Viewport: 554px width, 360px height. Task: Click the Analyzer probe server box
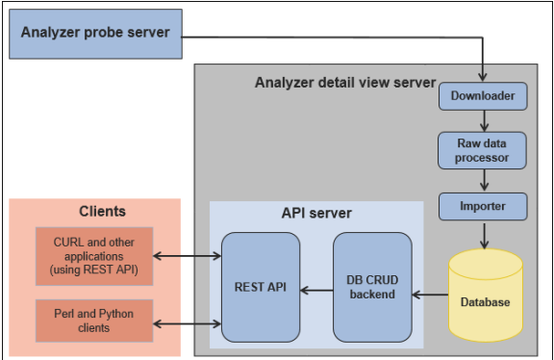pos(93,34)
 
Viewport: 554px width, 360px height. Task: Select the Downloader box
pos(483,96)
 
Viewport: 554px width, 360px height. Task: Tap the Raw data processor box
pos(483,150)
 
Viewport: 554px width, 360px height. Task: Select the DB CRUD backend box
pos(372,287)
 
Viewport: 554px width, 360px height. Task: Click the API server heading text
pos(316,214)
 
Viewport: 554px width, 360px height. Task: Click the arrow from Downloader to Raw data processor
pos(483,120)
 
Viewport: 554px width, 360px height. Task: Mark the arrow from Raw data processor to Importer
pos(483,179)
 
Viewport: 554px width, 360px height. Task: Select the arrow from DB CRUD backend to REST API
pos(315,288)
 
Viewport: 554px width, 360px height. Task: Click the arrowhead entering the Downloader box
pos(483,78)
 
